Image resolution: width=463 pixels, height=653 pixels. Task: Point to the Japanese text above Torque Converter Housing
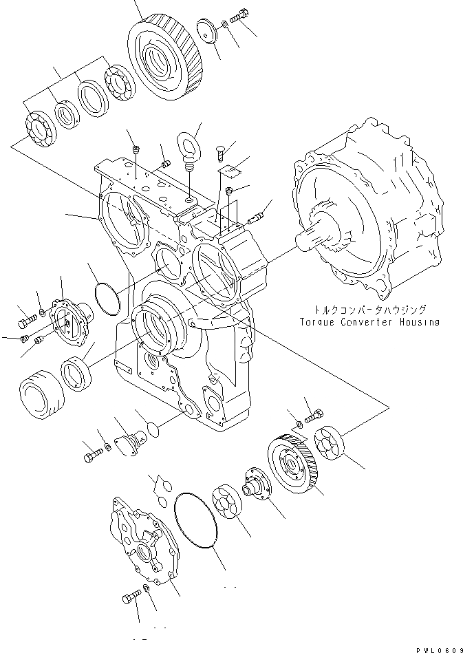click(368, 310)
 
